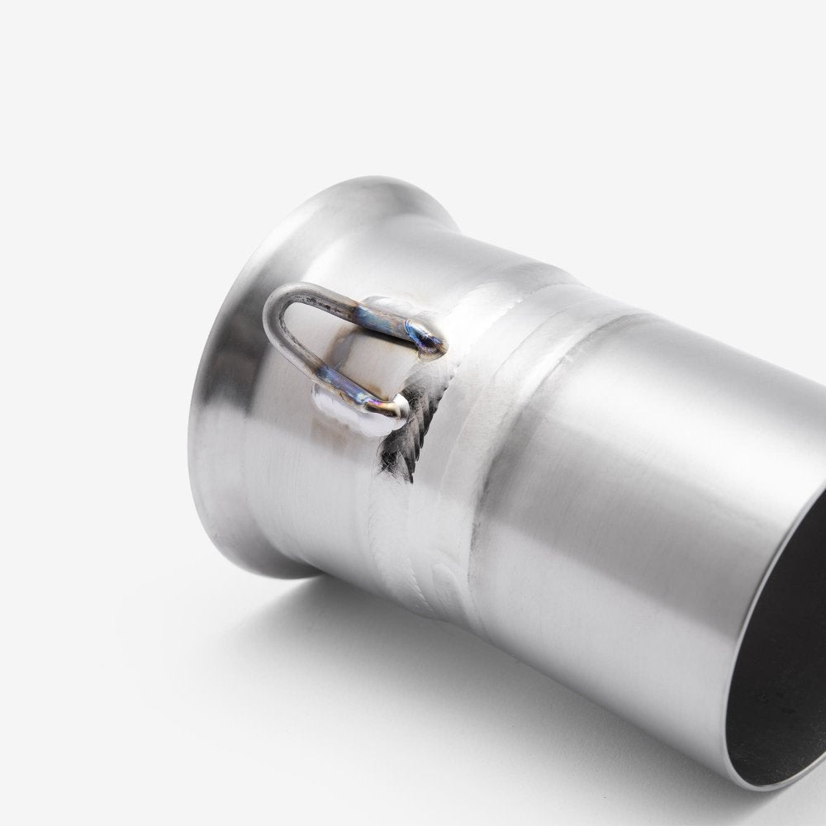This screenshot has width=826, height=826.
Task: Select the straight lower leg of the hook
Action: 330,382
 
